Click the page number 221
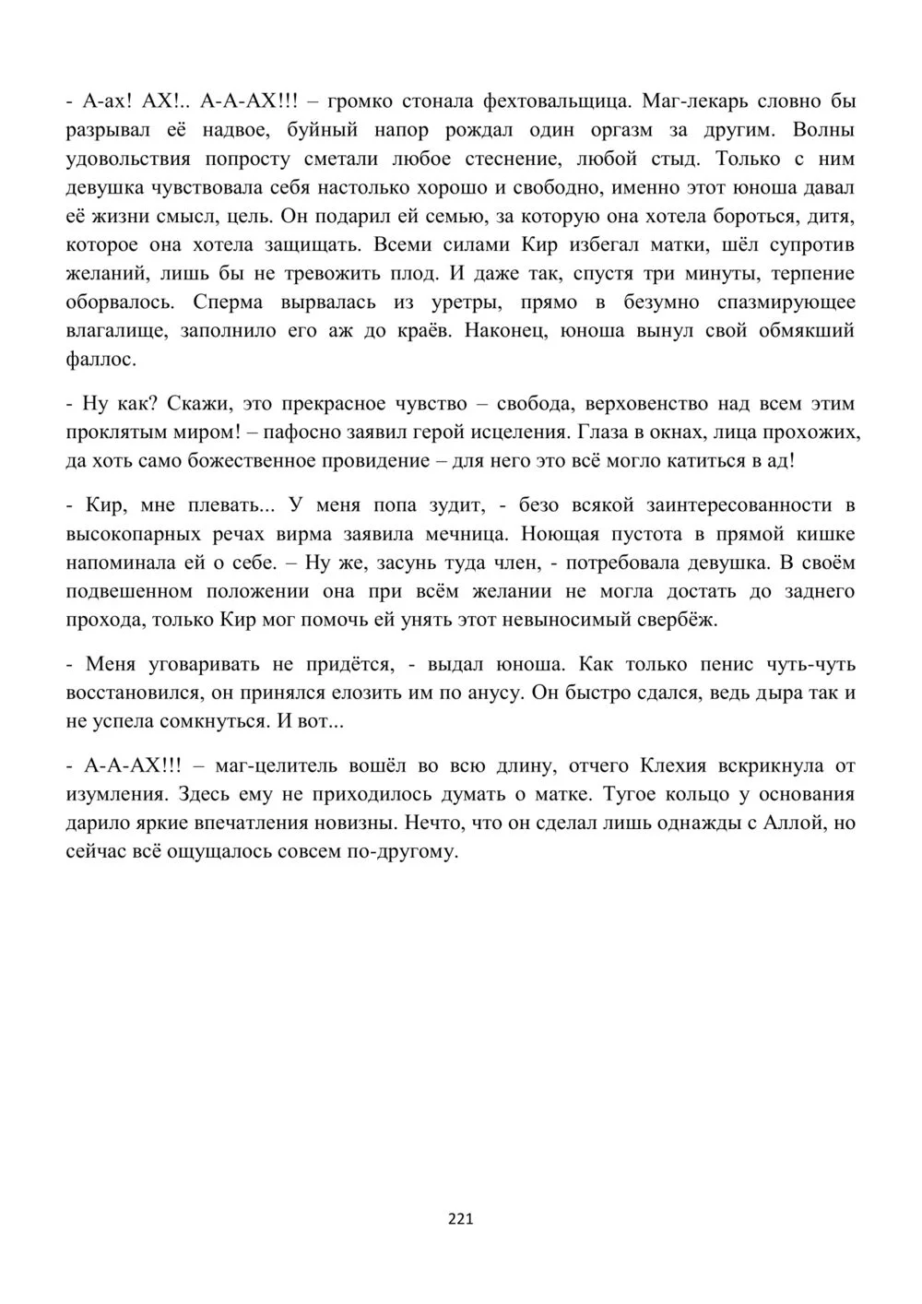pos(460,1218)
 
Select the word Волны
pos(823,129)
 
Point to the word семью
pos(472,216)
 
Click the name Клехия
pos(681,765)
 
